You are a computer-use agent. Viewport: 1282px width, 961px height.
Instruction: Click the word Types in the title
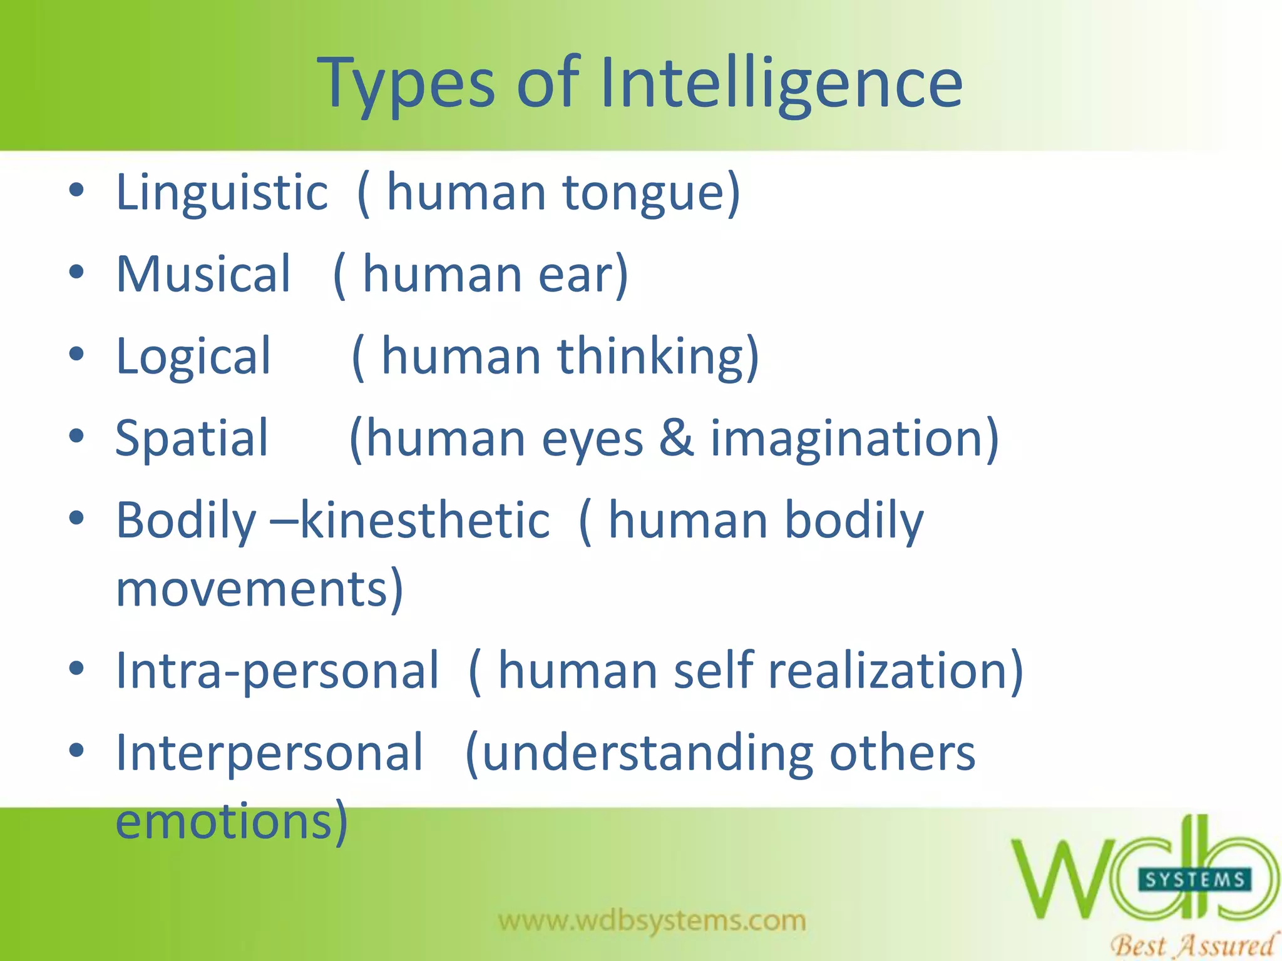click(407, 84)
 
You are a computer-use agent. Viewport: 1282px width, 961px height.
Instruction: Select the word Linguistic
click(222, 193)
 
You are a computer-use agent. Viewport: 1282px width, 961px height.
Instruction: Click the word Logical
click(193, 357)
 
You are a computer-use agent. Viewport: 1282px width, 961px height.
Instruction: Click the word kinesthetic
click(426, 521)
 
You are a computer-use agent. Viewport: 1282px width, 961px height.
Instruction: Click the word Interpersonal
click(270, 752)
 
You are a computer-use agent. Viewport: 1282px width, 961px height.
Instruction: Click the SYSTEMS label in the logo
click(1194, 880)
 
